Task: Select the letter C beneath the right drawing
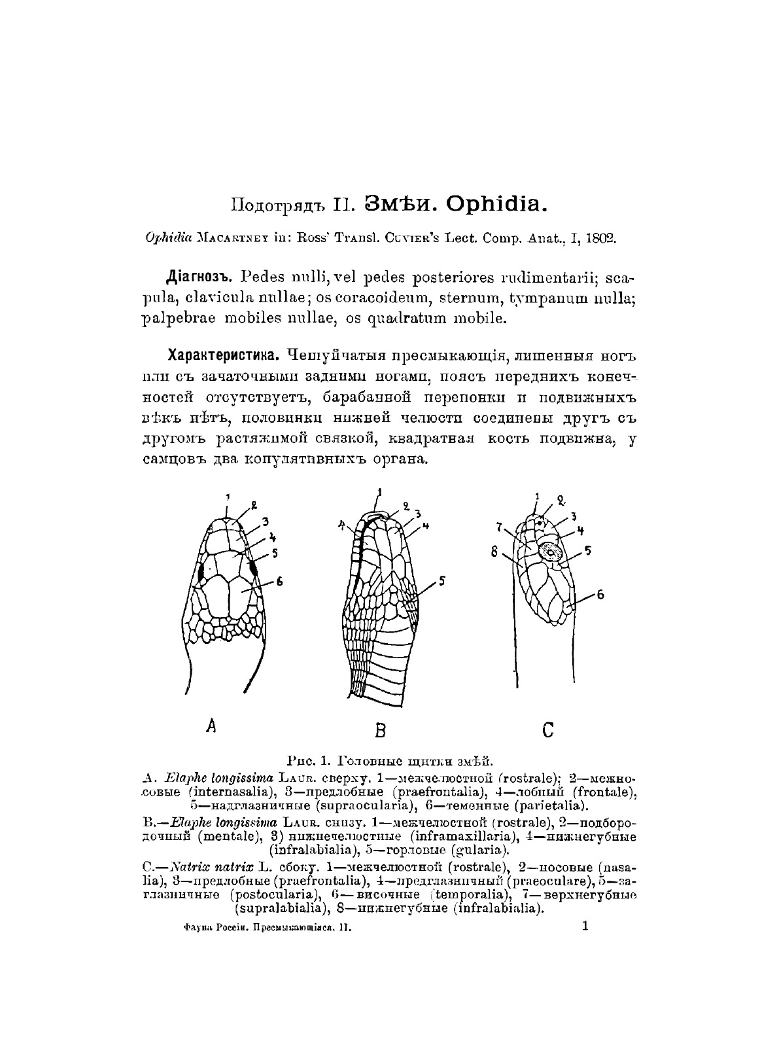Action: (548, 728)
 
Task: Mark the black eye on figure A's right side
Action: (254, 569)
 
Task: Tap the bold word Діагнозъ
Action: (195, 277)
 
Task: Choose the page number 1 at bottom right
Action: (585, 925)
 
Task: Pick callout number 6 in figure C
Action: (600, 595)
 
